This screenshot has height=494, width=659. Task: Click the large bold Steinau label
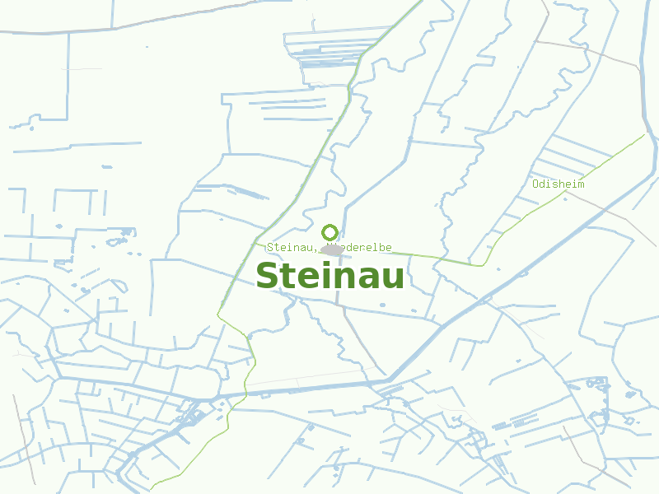(x=329, y=276)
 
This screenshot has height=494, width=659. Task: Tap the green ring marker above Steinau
(x=329, y=232)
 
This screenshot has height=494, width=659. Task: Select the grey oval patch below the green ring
(x=331, y=249)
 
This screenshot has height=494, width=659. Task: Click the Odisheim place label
(x=559, y=184)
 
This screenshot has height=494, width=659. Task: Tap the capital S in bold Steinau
(x=268, y=276)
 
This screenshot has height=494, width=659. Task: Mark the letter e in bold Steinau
(x=306, y=278)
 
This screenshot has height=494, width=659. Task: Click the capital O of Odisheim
(x=535, y=184)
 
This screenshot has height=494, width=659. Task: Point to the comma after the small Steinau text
(x=315, y=249)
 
